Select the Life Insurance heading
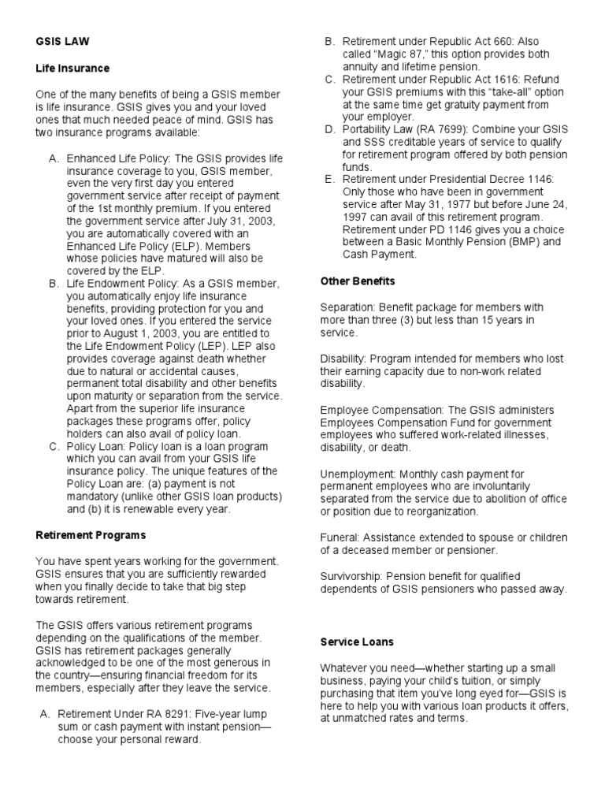[x=72, y=69]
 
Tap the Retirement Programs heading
[x=91, y=535]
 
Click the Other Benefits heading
[x=358, y=281]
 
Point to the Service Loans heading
[x=357, y=642]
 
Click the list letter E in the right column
[x=329, y=180]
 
